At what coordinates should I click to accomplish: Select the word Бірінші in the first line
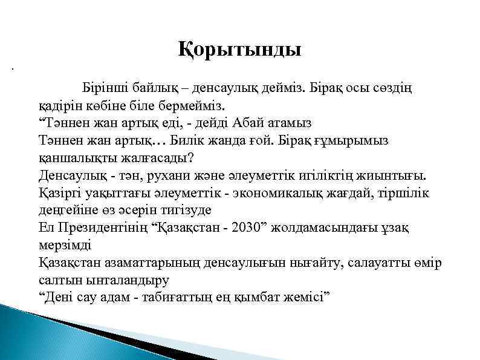(x=105, y=88)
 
